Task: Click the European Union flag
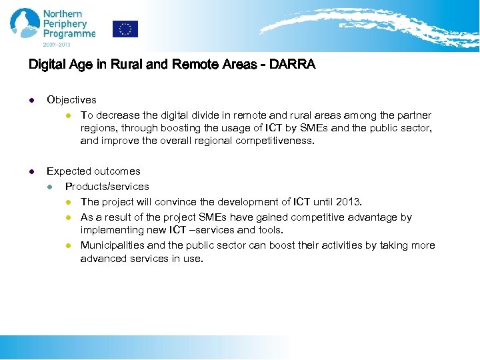[125, 29]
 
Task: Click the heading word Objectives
[71, 100]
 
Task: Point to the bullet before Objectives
[31, 101]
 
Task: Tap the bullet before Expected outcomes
[31, 172]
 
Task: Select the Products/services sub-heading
[107, 187]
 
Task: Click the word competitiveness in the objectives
[272, 141]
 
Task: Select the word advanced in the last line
[102, 259]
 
